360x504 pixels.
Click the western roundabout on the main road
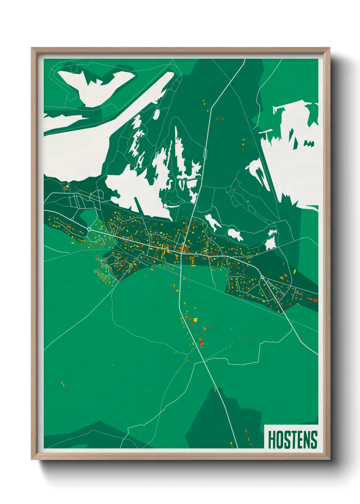pyautogui.click(x=89, y=229)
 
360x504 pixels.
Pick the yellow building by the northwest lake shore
pyautogui.click(x=67, y=187)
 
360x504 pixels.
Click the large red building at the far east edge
pyautogui.click(x=314, y=300)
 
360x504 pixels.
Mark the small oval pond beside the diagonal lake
pyautogui.click(x=156, y=114)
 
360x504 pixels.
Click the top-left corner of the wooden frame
pyautogui.click(x=32, y=48)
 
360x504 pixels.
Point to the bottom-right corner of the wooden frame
pyautogui.click(x=329, y=459)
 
